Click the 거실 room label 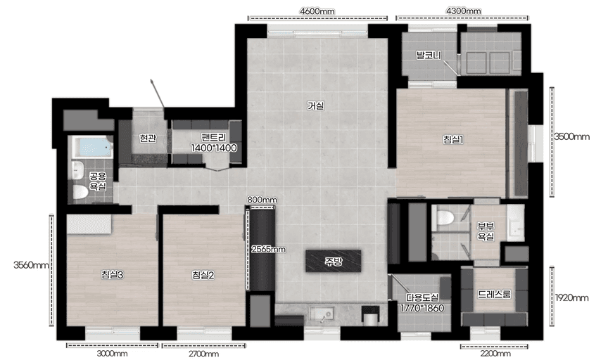pyautogui.click(x=315, y=105)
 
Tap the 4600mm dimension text pyautogui.click(x=317, y=11)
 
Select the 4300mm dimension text pyautogui.click(x=463, y=11)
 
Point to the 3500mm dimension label pyautogui.click(x=571, y=136)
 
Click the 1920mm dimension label pyautogui.click(x=571, y=297)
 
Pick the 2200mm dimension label pyautogui.click(x=495, y=353)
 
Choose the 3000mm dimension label pyautogui.click(x=112, y=353)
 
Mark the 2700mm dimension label pyautogui.click(x=203, y=354)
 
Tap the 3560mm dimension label pyautogui.click(x=31, y=265)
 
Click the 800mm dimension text pyautogui.click(x=262, y=200)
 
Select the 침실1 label pyautogui.click(x=453, y=139)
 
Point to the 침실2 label pyautogui.click(x=203, y=275)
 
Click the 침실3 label pyautogui.click(x=112, y=275)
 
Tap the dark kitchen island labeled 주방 pyautogui.click(x=334, y=261)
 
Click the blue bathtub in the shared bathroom pyautogui.click(x=92, y=147)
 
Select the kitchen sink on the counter pyautogui.click(x=322, y=313)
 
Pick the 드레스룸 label pyautogui.click(x=494, y=294)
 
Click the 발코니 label pyautogui.click(x=429, y=55)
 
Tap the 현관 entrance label pyautogui.click(x=148, y=138)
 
